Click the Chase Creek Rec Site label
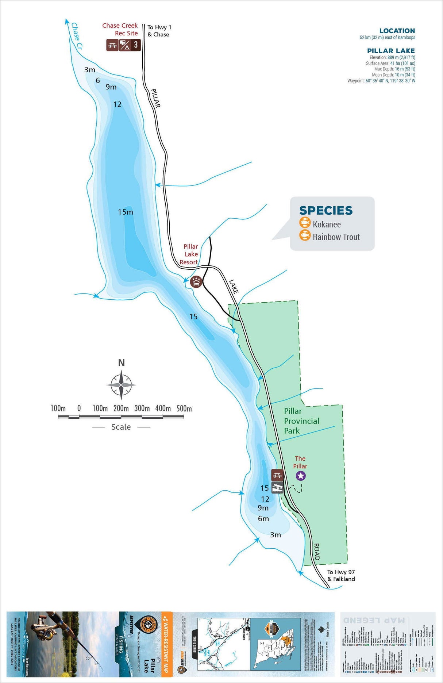120,29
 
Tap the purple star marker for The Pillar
300,476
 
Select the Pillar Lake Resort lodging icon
196,281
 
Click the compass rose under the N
121,385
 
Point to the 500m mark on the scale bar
184,408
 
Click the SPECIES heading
326,210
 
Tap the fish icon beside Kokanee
305,223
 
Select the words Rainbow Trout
336,237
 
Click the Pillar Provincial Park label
301,421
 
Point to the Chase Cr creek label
77,36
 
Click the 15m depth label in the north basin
126,212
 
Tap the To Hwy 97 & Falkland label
341,575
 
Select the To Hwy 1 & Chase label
159,31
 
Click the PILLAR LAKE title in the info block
391,51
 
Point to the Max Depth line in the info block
394,69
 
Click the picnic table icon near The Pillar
277,475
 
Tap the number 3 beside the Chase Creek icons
136,45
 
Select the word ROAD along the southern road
317,552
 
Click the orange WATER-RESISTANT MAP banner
167,644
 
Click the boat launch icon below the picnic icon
277,487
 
